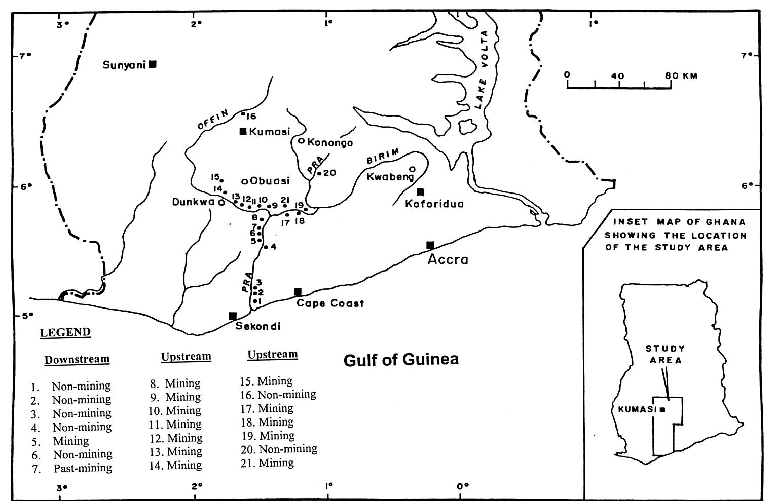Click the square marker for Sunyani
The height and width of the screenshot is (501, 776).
[153, 64]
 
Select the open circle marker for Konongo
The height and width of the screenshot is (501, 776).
[301, 141]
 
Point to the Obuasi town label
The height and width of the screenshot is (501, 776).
[270, 181]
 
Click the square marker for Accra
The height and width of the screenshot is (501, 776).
[430, 245]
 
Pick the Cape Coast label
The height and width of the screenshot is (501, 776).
[330, 303]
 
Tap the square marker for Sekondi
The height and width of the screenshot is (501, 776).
[233, 316]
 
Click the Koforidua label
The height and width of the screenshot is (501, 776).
[434, 204]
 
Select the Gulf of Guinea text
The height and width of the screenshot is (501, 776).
[401, 360]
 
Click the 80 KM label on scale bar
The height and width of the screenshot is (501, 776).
[682, 76]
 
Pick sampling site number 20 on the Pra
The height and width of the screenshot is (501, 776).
[319, 173]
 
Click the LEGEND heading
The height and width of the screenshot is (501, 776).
[65, 333]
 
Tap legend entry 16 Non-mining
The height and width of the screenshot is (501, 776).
[278, 394]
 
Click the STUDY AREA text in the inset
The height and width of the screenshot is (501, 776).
[665, 355]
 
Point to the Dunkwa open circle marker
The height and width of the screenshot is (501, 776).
[221, 202]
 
